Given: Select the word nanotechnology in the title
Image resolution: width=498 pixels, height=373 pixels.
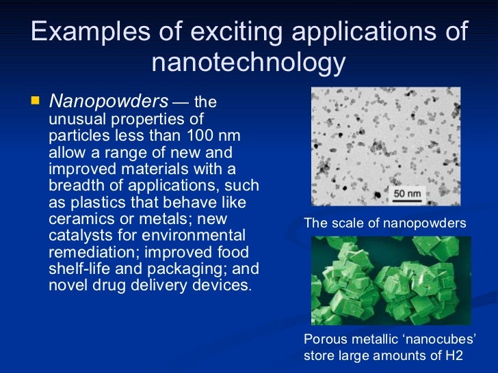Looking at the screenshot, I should point(248,64).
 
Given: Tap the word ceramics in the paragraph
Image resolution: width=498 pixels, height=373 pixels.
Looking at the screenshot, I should point(83,219).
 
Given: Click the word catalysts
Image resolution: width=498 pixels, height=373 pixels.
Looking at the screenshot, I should point(79,236).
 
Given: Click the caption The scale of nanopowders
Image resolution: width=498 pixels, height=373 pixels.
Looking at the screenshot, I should point(384,223).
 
